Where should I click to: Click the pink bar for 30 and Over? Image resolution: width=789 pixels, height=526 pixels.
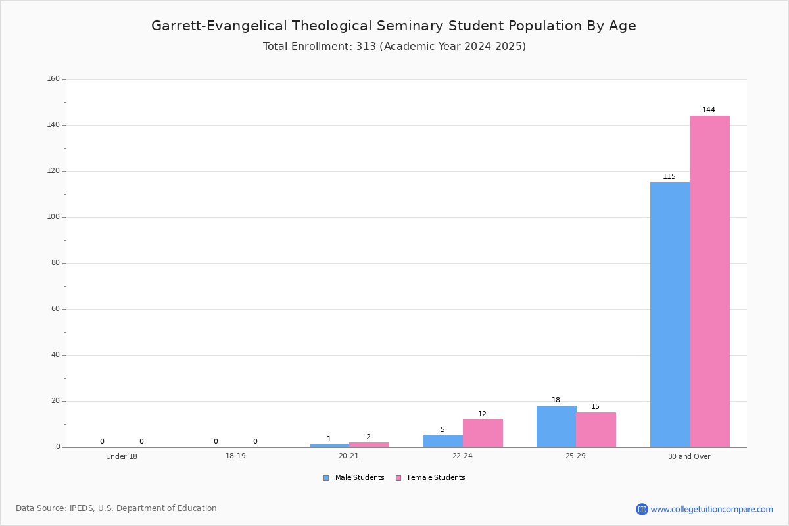[x=709, y=281]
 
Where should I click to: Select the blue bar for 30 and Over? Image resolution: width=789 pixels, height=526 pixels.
[x=670, y=314]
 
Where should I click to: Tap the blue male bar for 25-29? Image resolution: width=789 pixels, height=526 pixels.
[x=556, y=426]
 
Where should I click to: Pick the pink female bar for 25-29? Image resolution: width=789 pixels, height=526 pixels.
[x=596, y=430]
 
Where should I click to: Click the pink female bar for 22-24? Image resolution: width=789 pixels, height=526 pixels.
[x=483, y=433]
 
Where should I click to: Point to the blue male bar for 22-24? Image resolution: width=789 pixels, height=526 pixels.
[x=443, y=441]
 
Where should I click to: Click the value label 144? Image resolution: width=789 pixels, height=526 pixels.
[x=709, y=110]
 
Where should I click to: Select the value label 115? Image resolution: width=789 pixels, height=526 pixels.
[x=669, y=176]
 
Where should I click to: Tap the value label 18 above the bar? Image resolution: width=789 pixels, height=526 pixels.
[x=556, y=400]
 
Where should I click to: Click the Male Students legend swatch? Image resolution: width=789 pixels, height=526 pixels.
[x=326, y=478]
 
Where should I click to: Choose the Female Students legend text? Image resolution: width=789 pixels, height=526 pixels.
[x=436, y=477]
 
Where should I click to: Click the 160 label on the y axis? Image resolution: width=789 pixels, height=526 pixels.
[x=53, y=78]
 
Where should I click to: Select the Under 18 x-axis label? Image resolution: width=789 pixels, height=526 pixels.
[x=122, y=456]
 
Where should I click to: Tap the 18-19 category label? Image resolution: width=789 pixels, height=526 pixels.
[x=235, y=456]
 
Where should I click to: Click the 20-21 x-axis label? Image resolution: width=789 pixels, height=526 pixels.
[x=348, y=456]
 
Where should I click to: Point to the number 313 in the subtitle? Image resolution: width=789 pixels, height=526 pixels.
[x=366, y=46]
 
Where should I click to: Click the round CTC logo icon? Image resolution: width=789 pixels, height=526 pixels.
[x=642, y=509]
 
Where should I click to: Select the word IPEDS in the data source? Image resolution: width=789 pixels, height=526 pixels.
[x=82, y=508]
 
